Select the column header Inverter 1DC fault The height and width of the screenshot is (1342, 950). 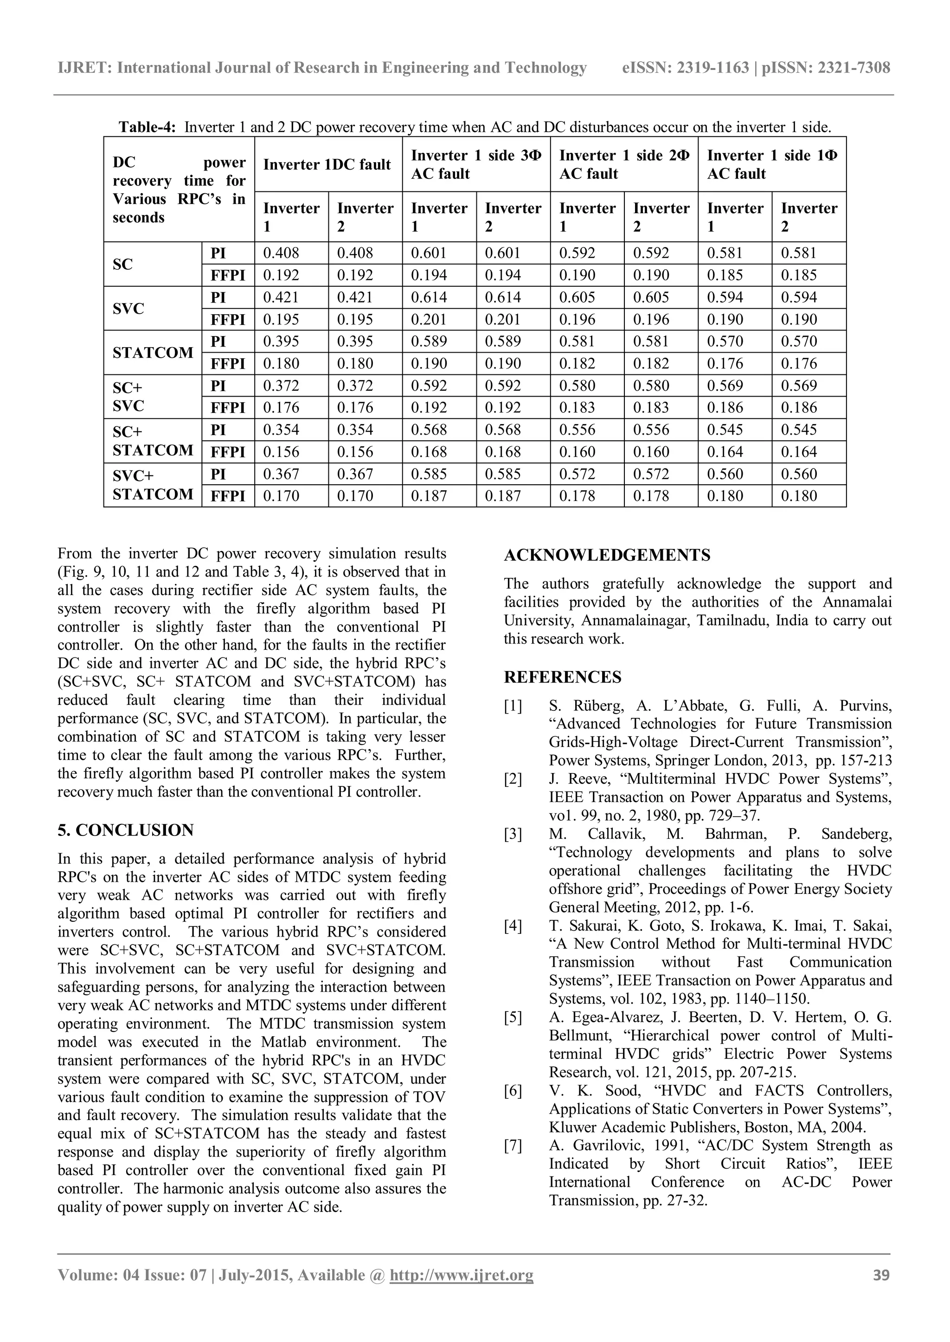pos(327,165)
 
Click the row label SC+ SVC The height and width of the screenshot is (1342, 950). pos(128,397)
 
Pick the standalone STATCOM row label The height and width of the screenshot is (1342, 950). pos(153,353)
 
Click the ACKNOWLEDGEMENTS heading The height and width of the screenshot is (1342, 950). pos(607,555)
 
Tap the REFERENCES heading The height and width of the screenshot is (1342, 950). pos(563,677)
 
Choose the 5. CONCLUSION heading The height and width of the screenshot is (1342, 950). pos(126,830)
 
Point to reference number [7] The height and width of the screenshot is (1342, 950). pos(513,1147)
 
